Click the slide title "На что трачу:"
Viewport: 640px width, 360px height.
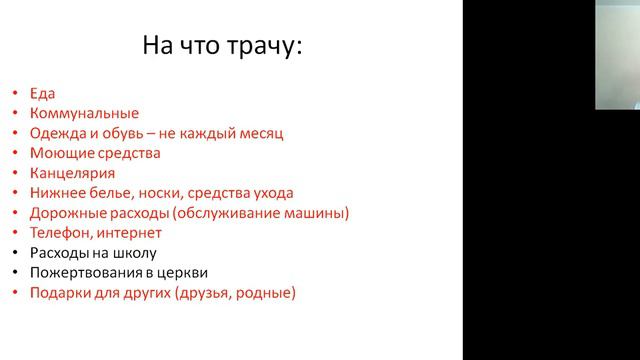[x=221, y=45]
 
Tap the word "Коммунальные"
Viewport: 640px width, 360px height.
[x=85, y=113]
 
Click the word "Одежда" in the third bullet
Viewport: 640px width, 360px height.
[x=59, y=133]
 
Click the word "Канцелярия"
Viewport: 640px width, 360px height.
[x=73, y=173]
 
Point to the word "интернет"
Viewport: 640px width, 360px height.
[x=132, y=233]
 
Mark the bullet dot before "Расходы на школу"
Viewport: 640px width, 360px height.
[x=15, y=253]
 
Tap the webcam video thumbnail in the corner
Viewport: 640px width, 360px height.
[x=617, y=54]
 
